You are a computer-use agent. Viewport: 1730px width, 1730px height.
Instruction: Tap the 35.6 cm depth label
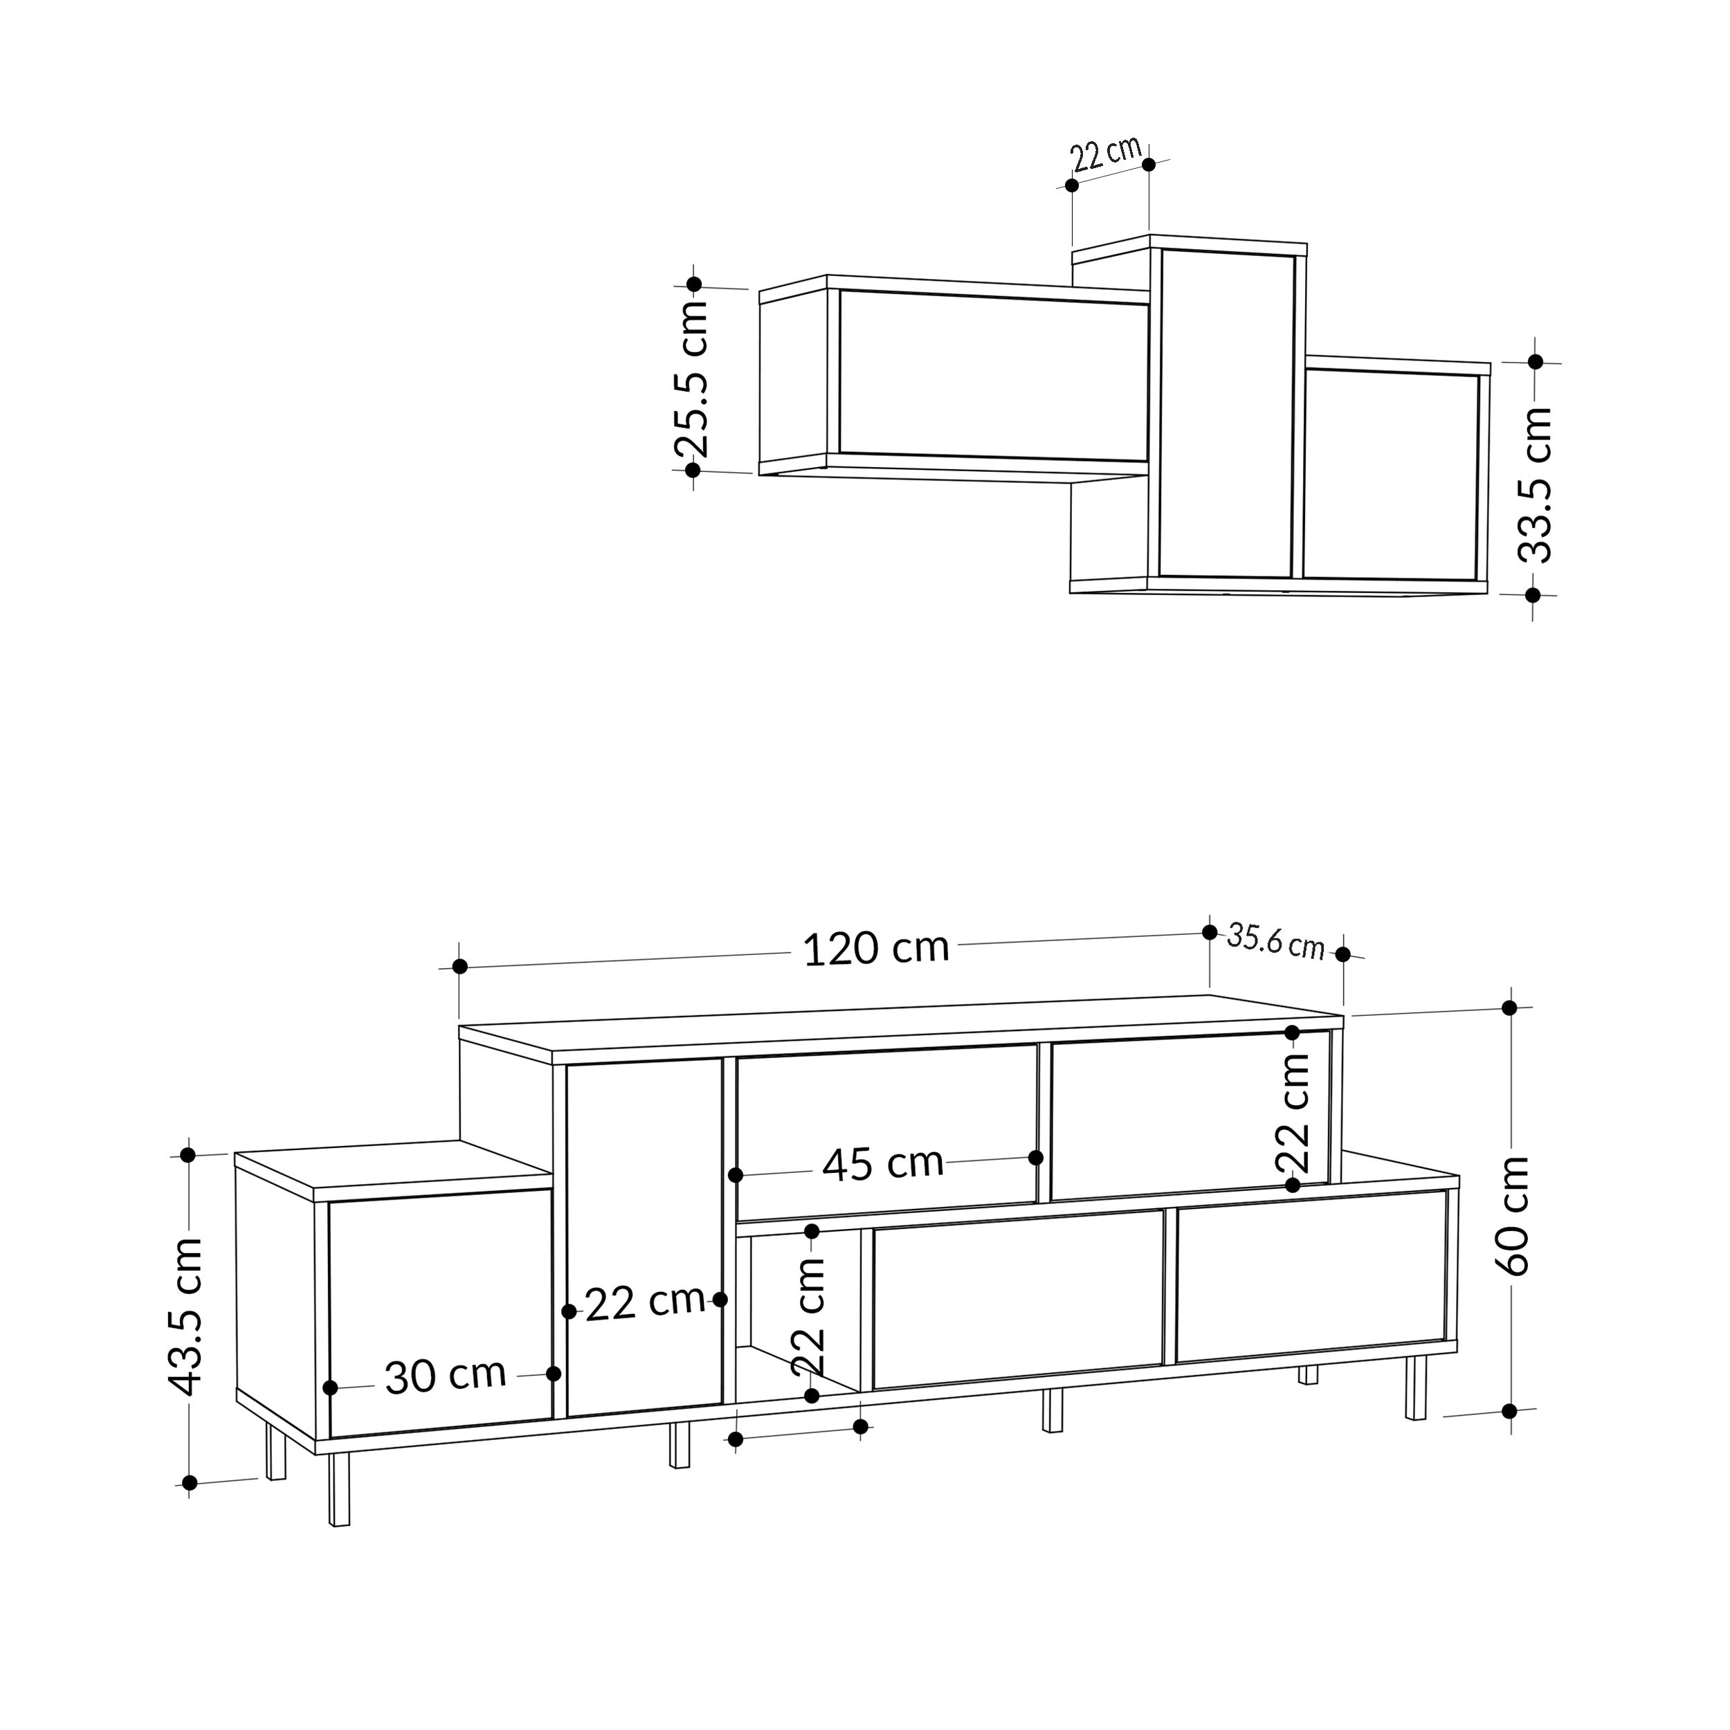pyautogui.click(x=1275, y=941)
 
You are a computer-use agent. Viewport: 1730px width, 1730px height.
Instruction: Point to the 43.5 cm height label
pyautogui.click(x=186, y=1316)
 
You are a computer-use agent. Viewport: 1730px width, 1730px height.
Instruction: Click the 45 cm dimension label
pyautogui.click(x=883, y=1164)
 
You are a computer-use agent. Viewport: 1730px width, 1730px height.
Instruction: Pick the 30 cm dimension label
pyautogui.click(x=445, y=1376)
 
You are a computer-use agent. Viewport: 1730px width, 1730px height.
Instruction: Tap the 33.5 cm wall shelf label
pyautogui.click(x=1535, y=484)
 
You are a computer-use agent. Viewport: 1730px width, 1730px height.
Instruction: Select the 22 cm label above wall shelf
pyautogui.click(x=1106, y=154)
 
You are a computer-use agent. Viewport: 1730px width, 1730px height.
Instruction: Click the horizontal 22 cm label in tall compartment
pyautogui.click(x=645, y=1303)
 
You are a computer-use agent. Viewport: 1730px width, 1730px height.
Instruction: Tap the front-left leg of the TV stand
pyautogui.click(x=339, y=1489)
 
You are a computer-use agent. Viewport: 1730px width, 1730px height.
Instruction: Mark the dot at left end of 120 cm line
pyautogui.click(x=459, y=966)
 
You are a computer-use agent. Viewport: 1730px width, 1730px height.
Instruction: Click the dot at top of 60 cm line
pyautogui.click(x=1510, y=1008)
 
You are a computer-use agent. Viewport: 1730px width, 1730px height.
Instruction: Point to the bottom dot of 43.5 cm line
pyautogui.click(x=189, y=1484)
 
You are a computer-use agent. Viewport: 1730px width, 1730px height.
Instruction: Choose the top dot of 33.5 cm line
pyautogui.click(x=1536, y=362)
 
